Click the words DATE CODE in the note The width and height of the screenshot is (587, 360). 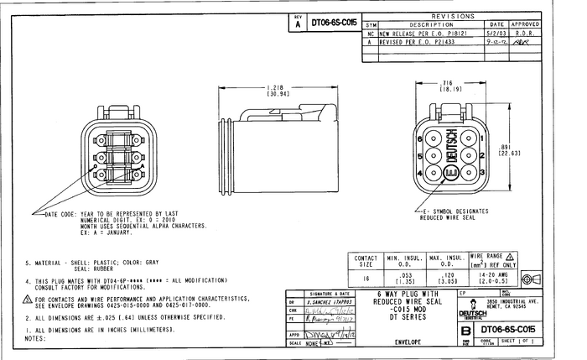61,215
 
